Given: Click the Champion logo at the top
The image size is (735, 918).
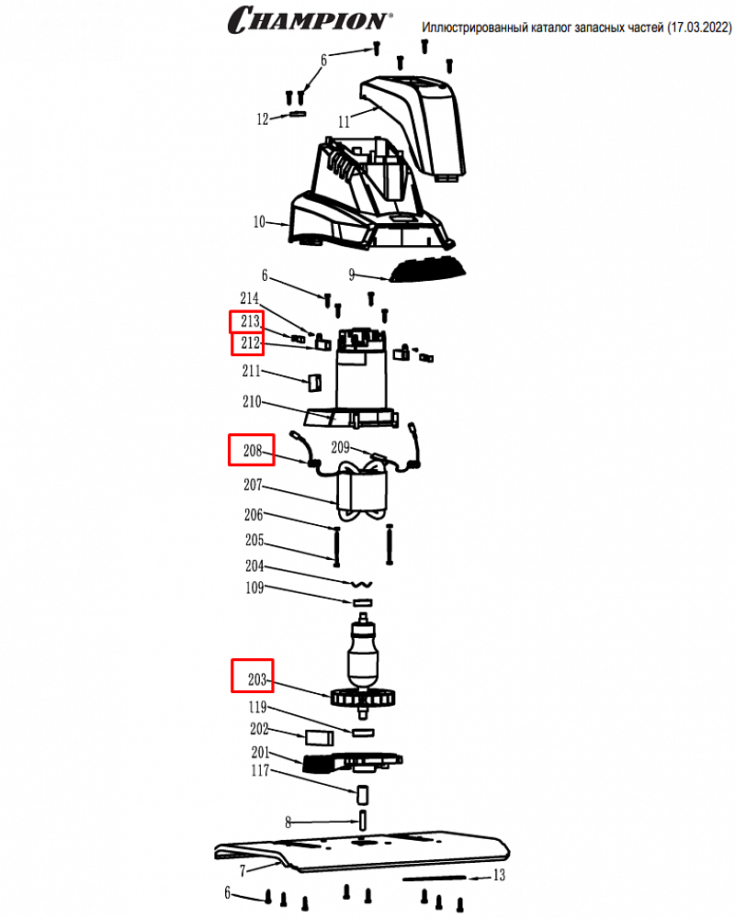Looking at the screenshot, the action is (x=310, y=19).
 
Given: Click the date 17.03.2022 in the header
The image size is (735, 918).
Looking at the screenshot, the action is (x=698, y=28).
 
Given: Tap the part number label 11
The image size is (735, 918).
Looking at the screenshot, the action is (x=344, y=122).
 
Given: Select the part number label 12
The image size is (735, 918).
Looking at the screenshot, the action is (x=262, y=119).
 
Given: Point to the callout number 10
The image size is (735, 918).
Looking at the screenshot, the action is (x=259, y=222).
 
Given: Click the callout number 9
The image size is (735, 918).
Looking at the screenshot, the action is (x=352, y=274).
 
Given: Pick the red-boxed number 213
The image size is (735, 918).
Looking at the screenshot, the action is (x=250, y=321).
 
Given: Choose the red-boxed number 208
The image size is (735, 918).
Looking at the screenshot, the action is (x=253, y=450).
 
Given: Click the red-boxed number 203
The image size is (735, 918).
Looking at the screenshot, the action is (x=256, y=679).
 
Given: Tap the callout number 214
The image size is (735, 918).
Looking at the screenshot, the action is (x=249, y=298).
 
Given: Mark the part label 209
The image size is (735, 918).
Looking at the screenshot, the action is (x=341, y=447).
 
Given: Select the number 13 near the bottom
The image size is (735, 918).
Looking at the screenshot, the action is (x=499, y=875).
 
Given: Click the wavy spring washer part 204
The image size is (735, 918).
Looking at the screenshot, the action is (x=362, y=584).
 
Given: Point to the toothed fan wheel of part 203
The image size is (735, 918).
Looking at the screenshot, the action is (x=364, y=698).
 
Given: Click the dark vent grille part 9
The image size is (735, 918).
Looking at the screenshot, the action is (x=427, y=271).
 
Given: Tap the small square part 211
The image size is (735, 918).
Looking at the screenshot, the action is (x=315, y=383).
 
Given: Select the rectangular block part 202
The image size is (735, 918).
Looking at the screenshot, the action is (x=320, y=737).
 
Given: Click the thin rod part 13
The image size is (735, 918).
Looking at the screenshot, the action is (x=434, y=878).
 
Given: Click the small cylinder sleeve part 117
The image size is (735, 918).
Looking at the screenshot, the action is (x=363, y=795).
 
